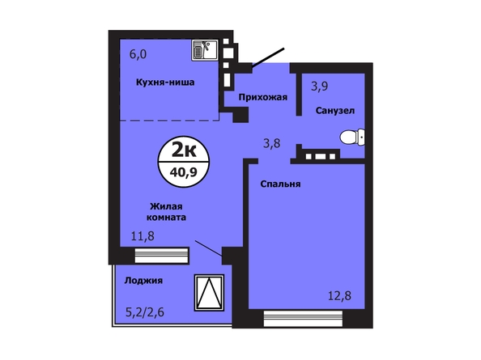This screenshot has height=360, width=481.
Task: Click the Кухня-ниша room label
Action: pos(165,82)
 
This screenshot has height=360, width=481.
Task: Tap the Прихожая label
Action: pos(263,97)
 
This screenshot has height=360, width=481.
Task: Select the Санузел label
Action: pos(335,111)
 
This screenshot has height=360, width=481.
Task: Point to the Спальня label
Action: pos(280,184)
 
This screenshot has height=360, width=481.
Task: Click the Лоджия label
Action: pos(143,281)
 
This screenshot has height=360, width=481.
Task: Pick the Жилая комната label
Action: pos(166,212)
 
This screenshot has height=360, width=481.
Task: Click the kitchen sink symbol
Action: pos(205,50)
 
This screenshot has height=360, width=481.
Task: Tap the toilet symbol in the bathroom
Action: pos(352,137)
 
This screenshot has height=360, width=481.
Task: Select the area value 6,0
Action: pos(138,54)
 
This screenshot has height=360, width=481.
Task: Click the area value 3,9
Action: pos(319,87)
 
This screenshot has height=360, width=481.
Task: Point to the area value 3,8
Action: pos(272,143)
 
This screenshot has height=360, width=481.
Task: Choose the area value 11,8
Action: pos(143,236)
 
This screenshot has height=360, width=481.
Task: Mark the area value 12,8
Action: pos(339,296)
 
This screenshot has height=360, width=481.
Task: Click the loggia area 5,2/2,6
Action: pos(145,312)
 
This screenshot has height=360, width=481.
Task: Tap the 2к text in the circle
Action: pos(184,150)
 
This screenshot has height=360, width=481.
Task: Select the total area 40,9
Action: pos(184,172)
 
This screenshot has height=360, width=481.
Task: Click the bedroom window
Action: pos(303,319)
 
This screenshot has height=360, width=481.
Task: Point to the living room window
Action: pos(161,256)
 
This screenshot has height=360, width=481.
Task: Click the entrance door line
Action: pos(268,57)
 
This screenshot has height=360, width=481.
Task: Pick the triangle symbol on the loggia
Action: pos(209,293)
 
